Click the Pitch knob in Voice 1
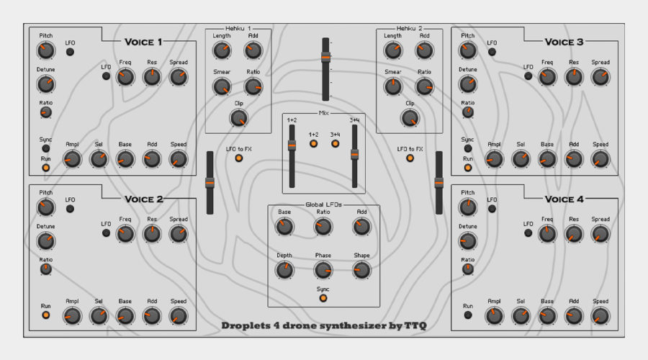[x=46, y=51]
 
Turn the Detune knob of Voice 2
[x=46, y=241]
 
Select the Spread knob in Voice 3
[x=600, y=77]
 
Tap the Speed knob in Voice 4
[x=600, y=316]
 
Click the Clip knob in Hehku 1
[x=238, y=118]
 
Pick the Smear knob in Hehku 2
[x=392, y=87]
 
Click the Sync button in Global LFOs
[x=323, y=298]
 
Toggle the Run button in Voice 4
[x=468, y=315]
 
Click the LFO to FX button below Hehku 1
[x=239, y=158]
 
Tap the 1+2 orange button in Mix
[x=313, y=144]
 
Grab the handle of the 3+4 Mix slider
[x=354, y=155]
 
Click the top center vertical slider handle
[x=325, y=57]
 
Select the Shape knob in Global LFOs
[x=361, y=270]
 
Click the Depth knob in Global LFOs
[x=284, y=270]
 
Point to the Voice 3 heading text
[x=564, y=42]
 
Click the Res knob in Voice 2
[x=152, y=234]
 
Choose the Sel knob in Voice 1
[x=99, y=159]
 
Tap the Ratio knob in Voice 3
[x=468, y=112]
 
